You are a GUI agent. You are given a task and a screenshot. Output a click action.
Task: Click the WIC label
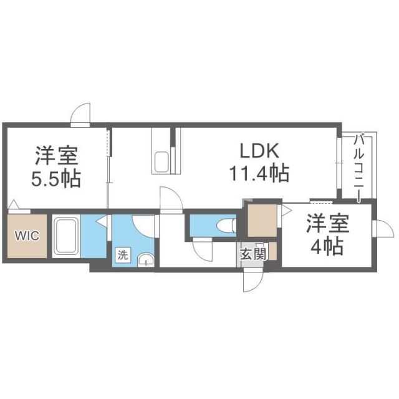27,237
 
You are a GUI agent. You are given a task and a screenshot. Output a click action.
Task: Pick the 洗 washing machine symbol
123,255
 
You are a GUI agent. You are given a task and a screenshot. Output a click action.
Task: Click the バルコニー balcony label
360,167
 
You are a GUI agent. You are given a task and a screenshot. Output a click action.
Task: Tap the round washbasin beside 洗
145,259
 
